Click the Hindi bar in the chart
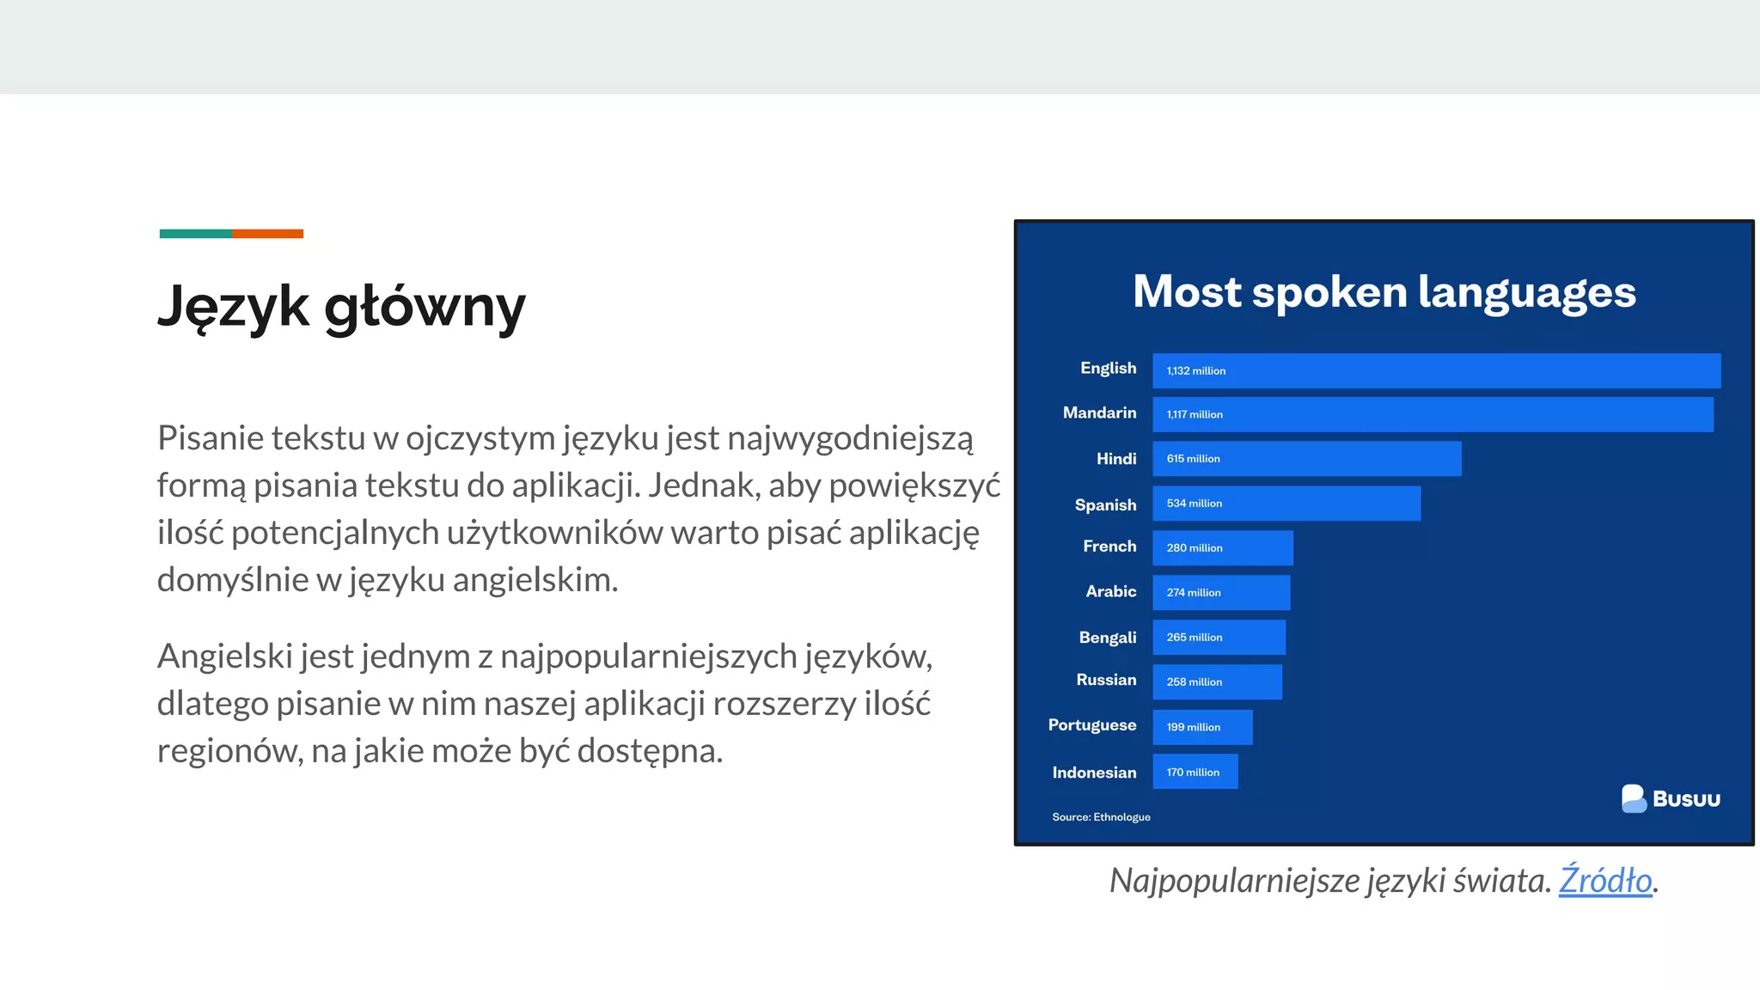point(1306,459)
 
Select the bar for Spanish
point(1286,504)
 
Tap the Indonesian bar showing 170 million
point(1195,772)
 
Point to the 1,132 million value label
point(1195,371)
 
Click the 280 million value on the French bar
point(1194,548)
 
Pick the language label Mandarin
point(1099,413)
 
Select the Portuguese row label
point(1091,725)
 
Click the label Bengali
point(1107,638)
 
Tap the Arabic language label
point(1110,592)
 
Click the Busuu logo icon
point(1634,798)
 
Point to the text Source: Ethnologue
point(1101,817)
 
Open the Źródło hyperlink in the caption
point(1604,881)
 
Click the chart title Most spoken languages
point(1384,292)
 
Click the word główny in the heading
point(425,308)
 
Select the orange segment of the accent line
point(267,234)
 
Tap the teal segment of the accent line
point(195,234)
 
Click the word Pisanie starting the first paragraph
point(211,439)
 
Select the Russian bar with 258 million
point(1217,682)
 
